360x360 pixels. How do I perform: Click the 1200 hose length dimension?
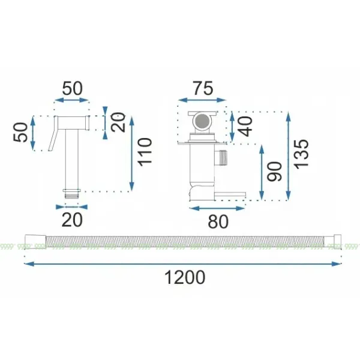point(185,277)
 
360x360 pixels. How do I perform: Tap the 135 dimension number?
point(301,154)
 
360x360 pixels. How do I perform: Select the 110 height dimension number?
point(145,152)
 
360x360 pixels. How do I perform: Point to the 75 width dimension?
point(203,88)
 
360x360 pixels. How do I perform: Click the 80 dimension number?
point(218,221)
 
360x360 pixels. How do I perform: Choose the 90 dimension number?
point(274,172)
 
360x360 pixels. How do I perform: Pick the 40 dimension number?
point(245,126)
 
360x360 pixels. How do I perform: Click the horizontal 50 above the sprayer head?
point(73,88)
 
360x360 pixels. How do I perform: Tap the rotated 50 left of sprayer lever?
point(20,132)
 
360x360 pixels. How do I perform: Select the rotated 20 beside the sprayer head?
point(118,122)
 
